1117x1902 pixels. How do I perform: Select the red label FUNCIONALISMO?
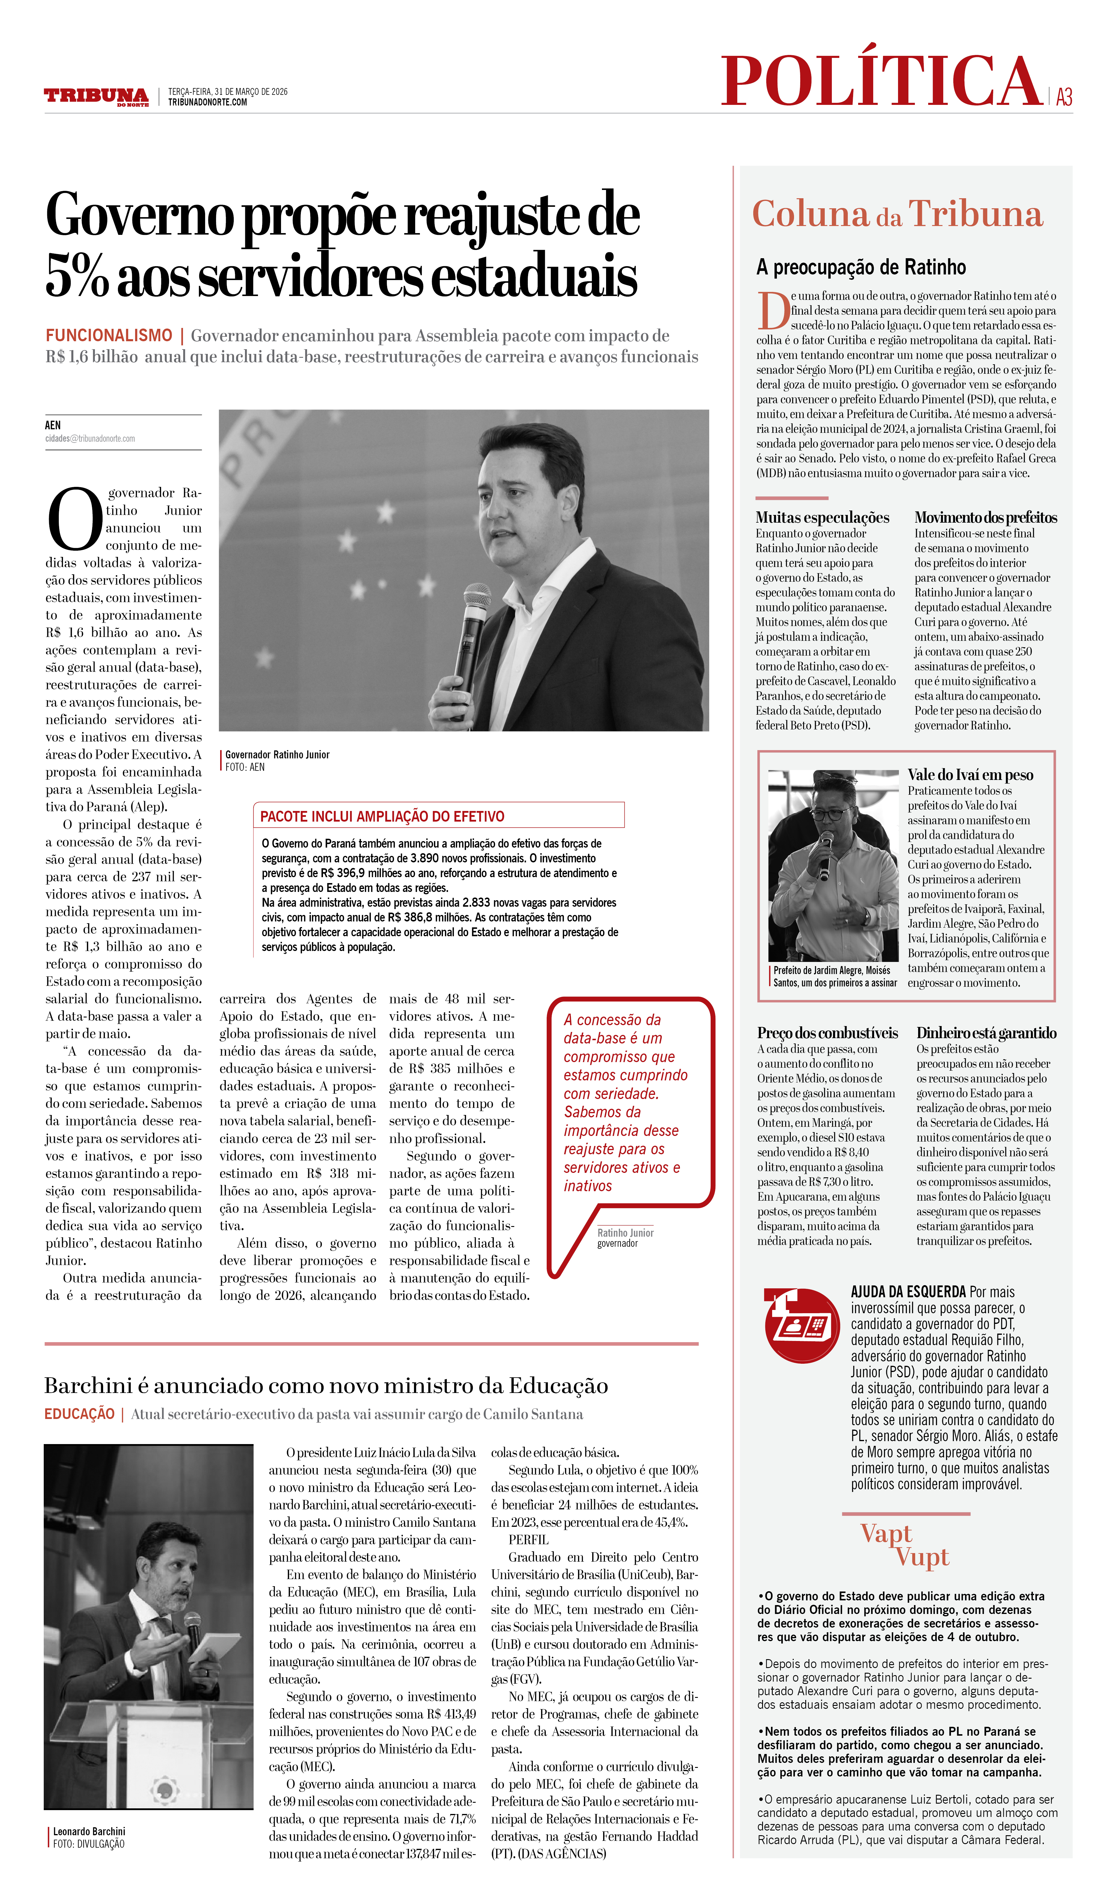pyautogui.click(x=109, y=335)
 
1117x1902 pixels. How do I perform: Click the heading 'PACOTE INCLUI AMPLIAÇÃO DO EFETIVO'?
pyautogui.click(x=382, y=816)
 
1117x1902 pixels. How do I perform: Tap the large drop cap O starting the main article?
pyautogui.click(x=74, y=519)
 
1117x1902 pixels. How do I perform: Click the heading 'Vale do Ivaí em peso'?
pyautogui.click(x=970, y=774)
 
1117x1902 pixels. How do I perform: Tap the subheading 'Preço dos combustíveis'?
pyautogui.click(x=827, y=1033)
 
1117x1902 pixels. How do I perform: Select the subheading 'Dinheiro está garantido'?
pyautogui.click(x=986, y=1033)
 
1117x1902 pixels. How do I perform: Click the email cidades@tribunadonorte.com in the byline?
pyautogui.click(x=90, y=438)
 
